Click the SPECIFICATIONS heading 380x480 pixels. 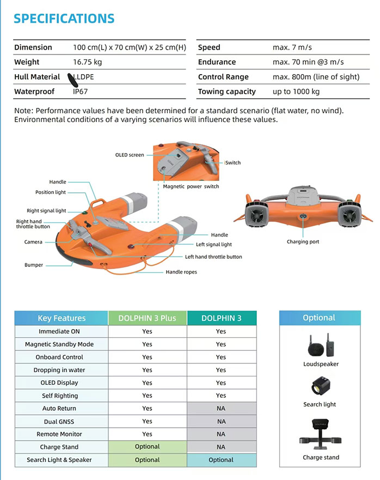click(64, 19)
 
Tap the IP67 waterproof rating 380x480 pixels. click(81, 92)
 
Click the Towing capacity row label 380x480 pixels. click(227, 92)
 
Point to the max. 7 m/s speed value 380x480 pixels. click(292, 47)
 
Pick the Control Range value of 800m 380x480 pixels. click(316, 77)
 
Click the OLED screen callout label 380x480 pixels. click(130, 155)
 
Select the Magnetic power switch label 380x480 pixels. click(191, 186)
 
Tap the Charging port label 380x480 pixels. click(303, 241)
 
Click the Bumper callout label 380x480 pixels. click(34, 265)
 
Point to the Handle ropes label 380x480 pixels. click(181, 271)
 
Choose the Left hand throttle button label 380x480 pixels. click(213, 257)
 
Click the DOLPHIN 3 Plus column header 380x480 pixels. click(147, 318)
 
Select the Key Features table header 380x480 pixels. click(62, 318)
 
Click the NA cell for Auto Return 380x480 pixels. click(221, 409)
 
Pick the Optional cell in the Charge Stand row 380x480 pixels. click(147, 447)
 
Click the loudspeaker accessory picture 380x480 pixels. click(320, 344)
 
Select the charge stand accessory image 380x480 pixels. click(320, 434)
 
